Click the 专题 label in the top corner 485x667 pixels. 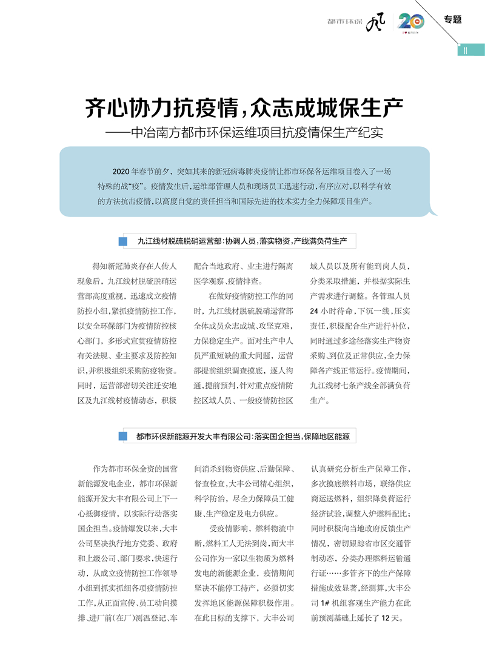452,19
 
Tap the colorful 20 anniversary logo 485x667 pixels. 411,22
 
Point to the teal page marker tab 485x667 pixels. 471,50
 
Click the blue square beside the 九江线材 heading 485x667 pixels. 124,241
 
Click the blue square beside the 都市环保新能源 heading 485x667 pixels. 124,436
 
